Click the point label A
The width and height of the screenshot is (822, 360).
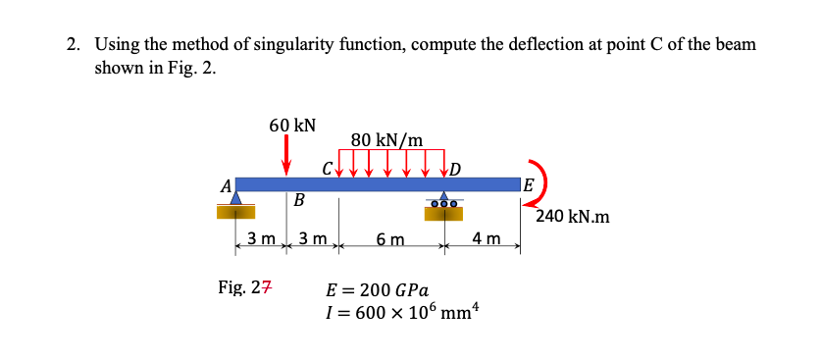click(x=227, y=185)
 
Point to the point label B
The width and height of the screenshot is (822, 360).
click(x=299, y=200)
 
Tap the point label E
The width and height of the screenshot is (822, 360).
click(x=529, y=185)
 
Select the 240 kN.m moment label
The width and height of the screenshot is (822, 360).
click(x=573, y=216)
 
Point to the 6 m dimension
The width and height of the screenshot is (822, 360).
click(x=389, y=239)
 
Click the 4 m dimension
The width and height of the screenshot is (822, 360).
click(x=486, y=238)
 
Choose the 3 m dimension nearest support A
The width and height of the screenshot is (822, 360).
click(x=260, y=238)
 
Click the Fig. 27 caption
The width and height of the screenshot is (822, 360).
click(x=246, y=288)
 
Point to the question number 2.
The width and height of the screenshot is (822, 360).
click(x=73, y=45)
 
